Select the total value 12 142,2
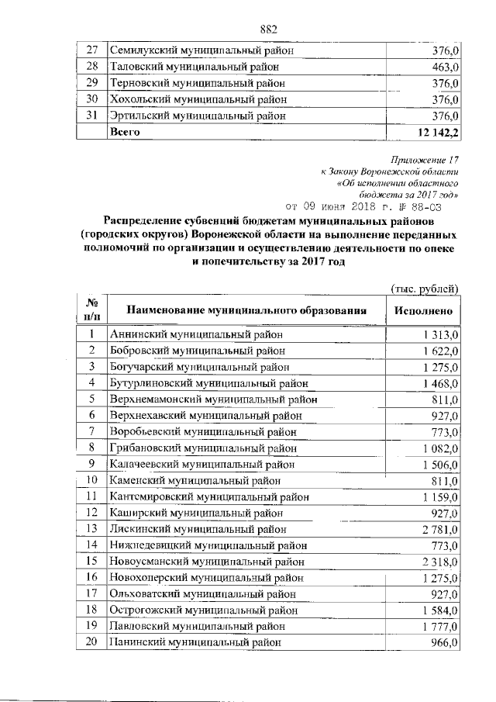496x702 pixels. click(438, 133)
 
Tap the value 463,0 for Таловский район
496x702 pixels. click(446, 67)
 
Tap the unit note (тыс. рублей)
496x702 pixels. click(425, 289)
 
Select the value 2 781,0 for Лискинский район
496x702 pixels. click(442, 529)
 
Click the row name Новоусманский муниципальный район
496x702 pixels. click(207, 562)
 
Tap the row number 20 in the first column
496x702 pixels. click(91, 642)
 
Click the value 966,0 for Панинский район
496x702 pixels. click(446, 642)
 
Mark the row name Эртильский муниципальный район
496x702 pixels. click(198, 116)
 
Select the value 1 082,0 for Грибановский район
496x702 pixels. click(442, 448)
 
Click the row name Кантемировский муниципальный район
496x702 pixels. click(210, 496)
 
